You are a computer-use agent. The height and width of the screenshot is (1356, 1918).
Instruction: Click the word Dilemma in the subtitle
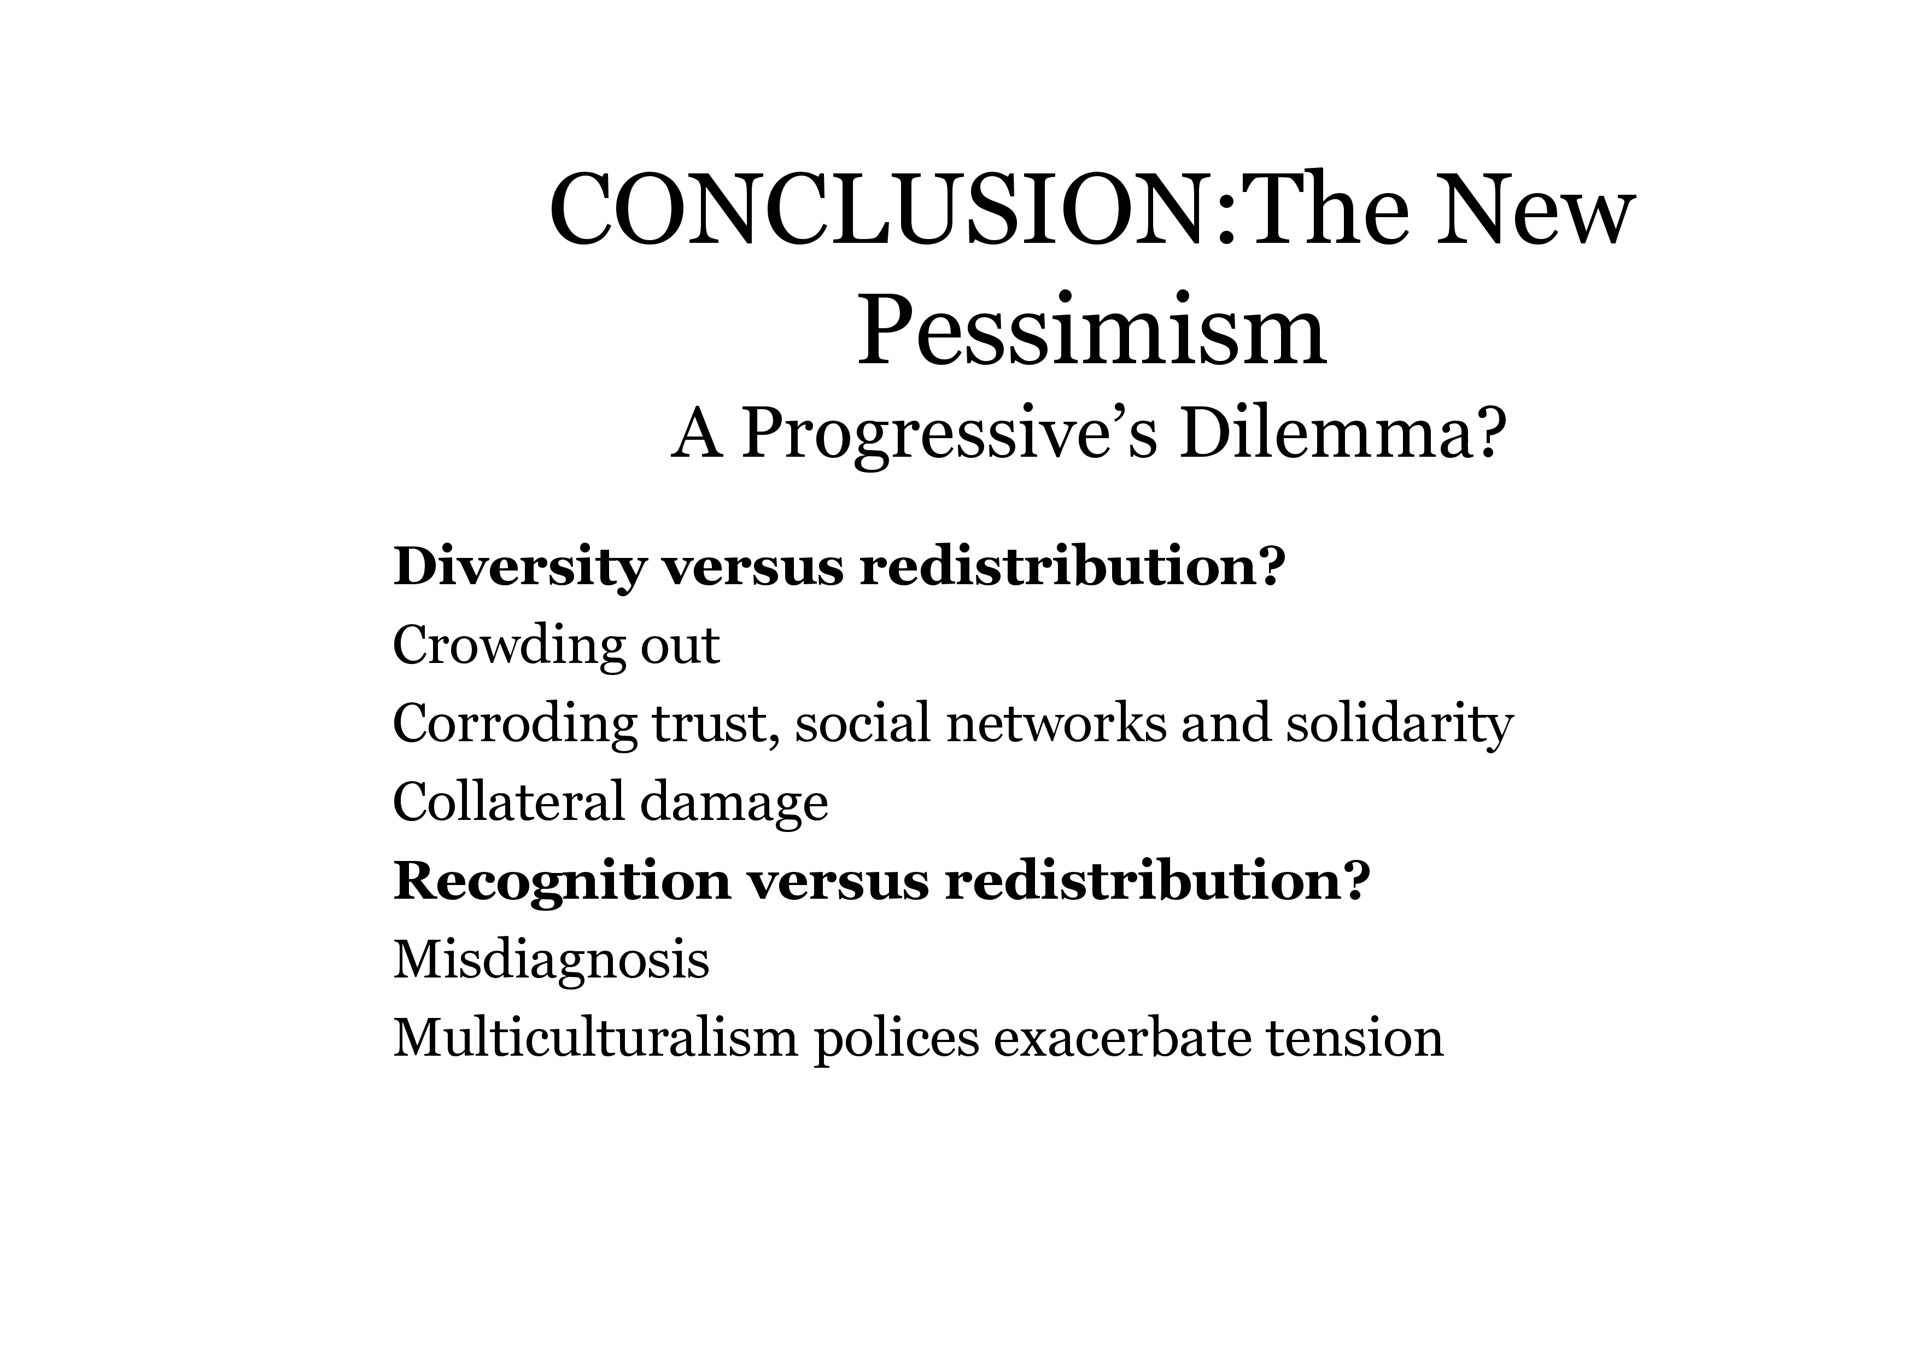pos(1325,434)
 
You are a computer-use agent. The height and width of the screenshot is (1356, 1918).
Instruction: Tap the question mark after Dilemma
pos(1492,434)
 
